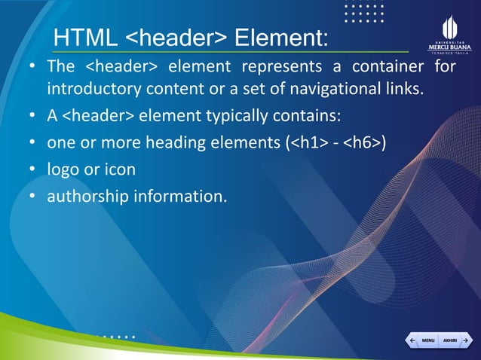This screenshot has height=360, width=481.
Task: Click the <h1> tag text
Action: [x=308, y=143]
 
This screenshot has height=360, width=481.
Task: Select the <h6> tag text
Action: [x=363, y=143]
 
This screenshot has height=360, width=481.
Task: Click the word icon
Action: [x=120, y=169]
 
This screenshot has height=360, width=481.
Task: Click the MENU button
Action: [x=427, y=341]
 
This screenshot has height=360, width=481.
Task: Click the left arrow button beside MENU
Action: [x=412, y=341]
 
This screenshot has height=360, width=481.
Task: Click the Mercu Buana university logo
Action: [x=449, y=34]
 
